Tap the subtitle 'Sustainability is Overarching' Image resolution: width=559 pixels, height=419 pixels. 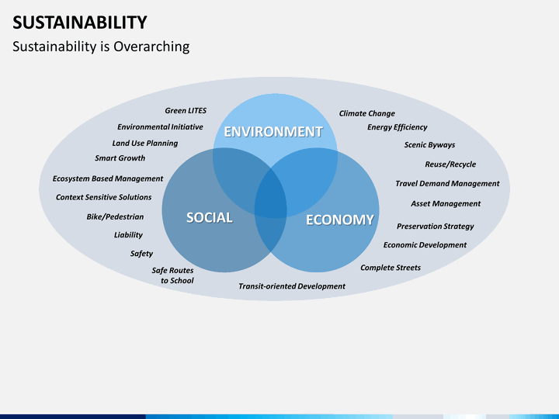coord(101,47)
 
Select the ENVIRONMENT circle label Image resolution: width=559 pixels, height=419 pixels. coord(273,132)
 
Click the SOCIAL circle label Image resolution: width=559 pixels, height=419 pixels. coord(209,218)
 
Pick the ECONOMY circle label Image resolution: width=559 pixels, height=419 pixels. coord(339,220)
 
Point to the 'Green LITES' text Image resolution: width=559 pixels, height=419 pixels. coord(186,111)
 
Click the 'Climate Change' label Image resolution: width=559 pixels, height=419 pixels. coord(366,113)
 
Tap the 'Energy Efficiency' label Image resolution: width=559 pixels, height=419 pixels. coord(397,127)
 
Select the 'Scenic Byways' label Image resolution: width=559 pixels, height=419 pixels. coord(429,145)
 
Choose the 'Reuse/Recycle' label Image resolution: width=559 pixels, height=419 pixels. coord(450,164)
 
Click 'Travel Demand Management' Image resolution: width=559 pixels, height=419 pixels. coord(447,184)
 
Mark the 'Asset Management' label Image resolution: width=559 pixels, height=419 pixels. coord(446,204)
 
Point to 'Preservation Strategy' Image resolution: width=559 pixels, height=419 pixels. coord(435,227)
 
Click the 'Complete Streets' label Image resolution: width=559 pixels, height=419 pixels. coord(391,268)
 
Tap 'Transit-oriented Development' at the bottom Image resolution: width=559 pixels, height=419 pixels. coord(292,286)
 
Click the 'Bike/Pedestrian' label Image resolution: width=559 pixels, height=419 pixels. coord(115,217)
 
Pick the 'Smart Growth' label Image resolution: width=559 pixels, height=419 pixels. coord(120,158)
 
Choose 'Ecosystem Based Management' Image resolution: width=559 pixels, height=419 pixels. coord(108,178)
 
